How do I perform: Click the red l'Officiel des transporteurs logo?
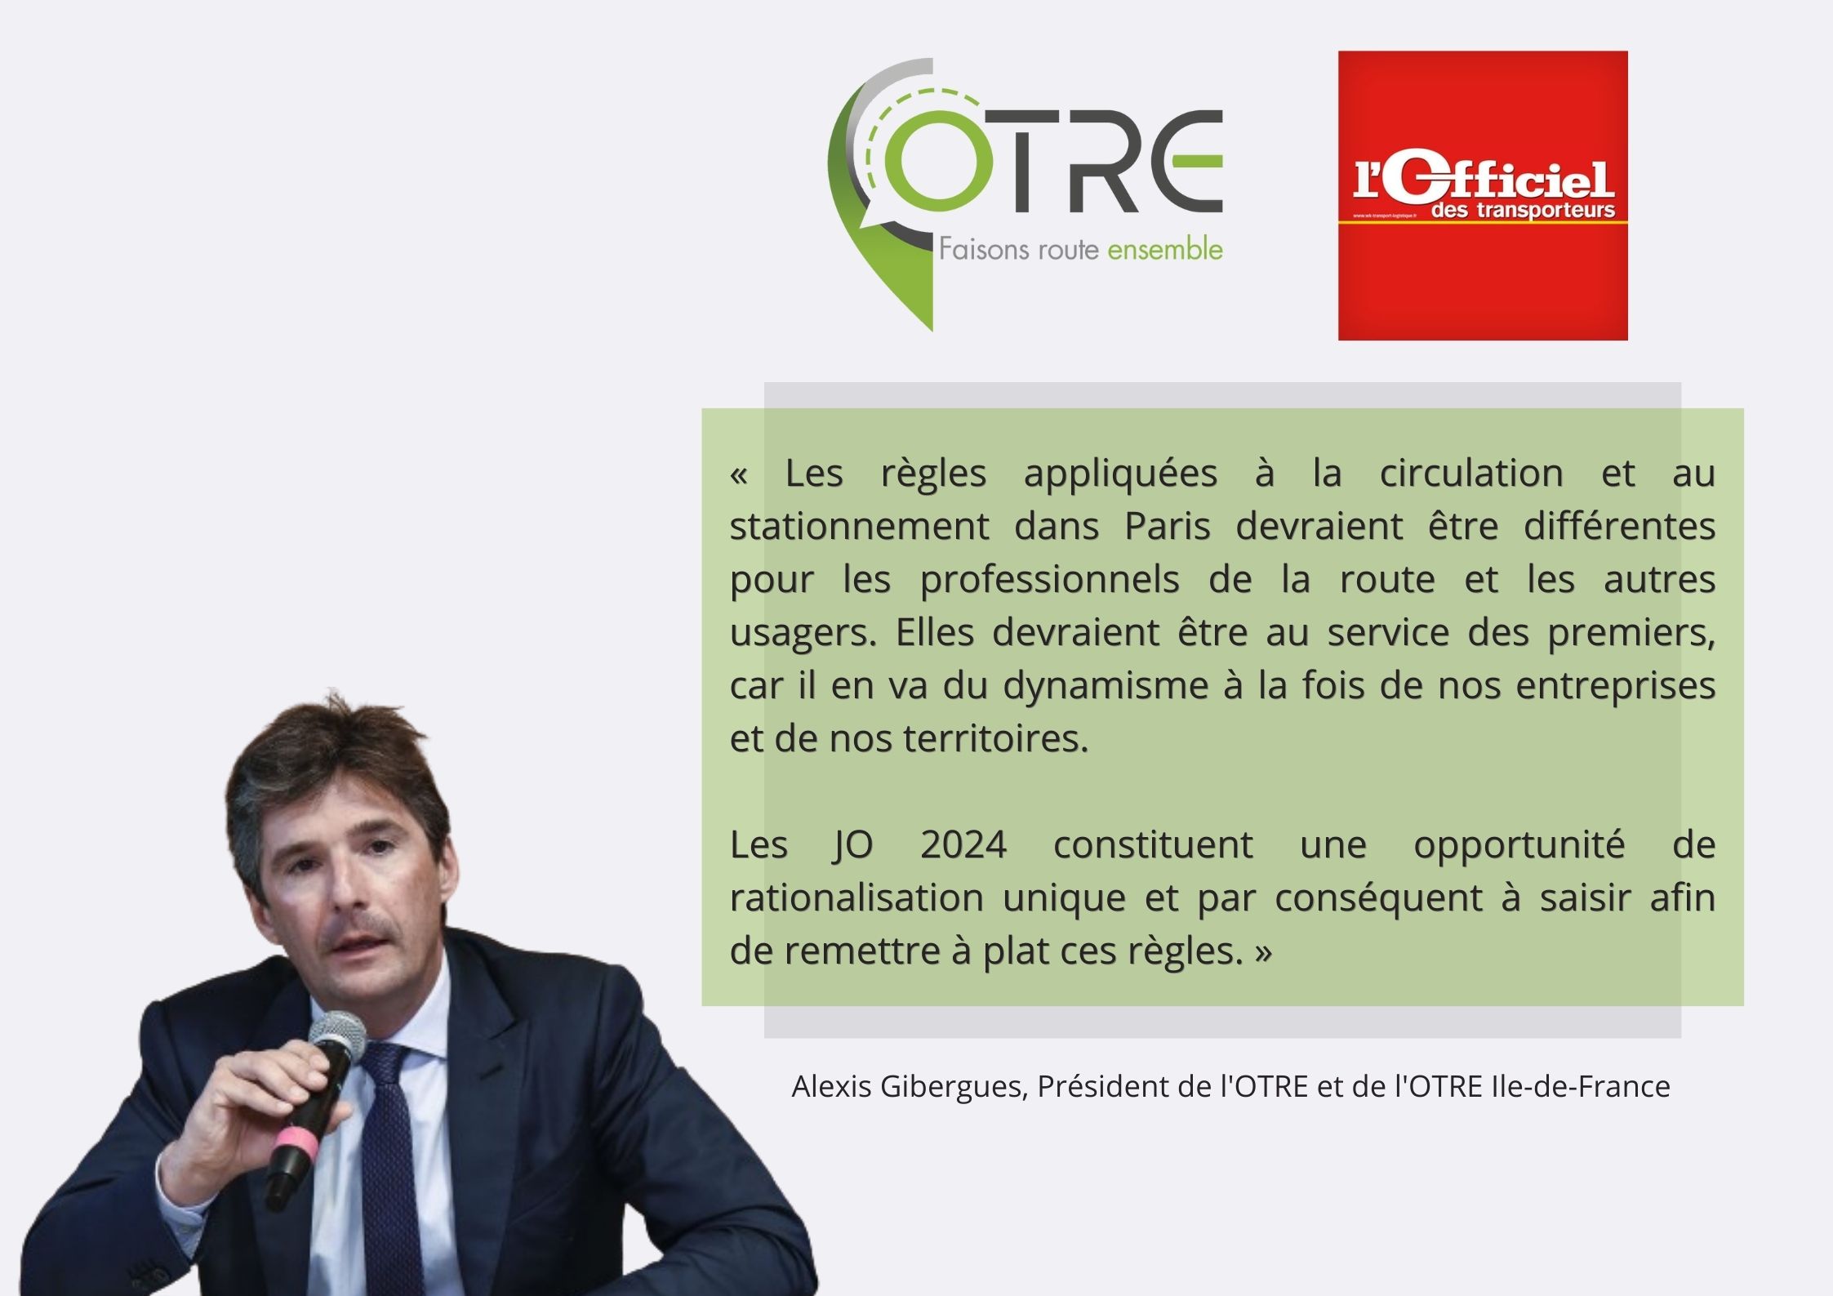1483,195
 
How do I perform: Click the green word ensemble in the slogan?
1165,249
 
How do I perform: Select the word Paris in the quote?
1168,526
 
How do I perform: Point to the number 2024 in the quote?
963,844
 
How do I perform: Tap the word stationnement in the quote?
859,526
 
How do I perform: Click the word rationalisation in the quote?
858,897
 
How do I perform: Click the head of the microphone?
337,1036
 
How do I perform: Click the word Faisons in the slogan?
972,249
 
